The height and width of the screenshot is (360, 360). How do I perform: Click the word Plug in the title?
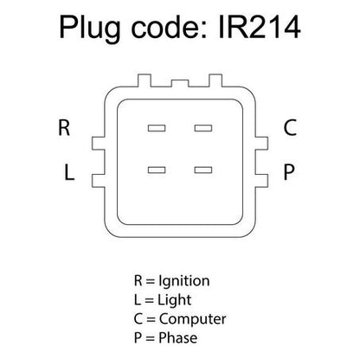pos(90,29)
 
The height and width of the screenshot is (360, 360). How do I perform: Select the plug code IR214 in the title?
pos(260,28)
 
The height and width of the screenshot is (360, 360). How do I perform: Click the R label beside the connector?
pos(64,127)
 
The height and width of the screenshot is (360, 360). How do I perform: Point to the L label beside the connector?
pos(69,172)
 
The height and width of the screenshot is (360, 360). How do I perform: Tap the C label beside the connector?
pos(290,127)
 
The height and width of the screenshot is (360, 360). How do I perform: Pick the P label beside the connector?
pos(289,172)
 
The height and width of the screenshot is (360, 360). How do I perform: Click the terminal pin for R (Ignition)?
pos(157,128)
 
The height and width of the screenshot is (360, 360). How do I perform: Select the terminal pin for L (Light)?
pos(157,170)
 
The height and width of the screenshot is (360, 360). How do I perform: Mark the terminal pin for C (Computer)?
pos(203,128)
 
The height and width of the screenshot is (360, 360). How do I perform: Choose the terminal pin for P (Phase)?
pos(203,170)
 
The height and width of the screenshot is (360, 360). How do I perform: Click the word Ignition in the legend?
pos(184,281)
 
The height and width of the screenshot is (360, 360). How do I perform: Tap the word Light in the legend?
pos(174,300)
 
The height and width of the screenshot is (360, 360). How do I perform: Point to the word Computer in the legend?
pos(192,319)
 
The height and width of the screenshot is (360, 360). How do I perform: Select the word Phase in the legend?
pos(178,337)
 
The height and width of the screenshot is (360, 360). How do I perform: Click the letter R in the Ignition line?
pos(138,280)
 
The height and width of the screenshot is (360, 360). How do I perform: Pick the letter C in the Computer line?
pos(138,319)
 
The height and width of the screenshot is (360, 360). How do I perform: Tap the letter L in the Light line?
pos(138,300)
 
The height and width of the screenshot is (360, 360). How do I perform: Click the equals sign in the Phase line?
pos(150,338)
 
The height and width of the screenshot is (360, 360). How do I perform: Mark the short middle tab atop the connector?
pos(180,83)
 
